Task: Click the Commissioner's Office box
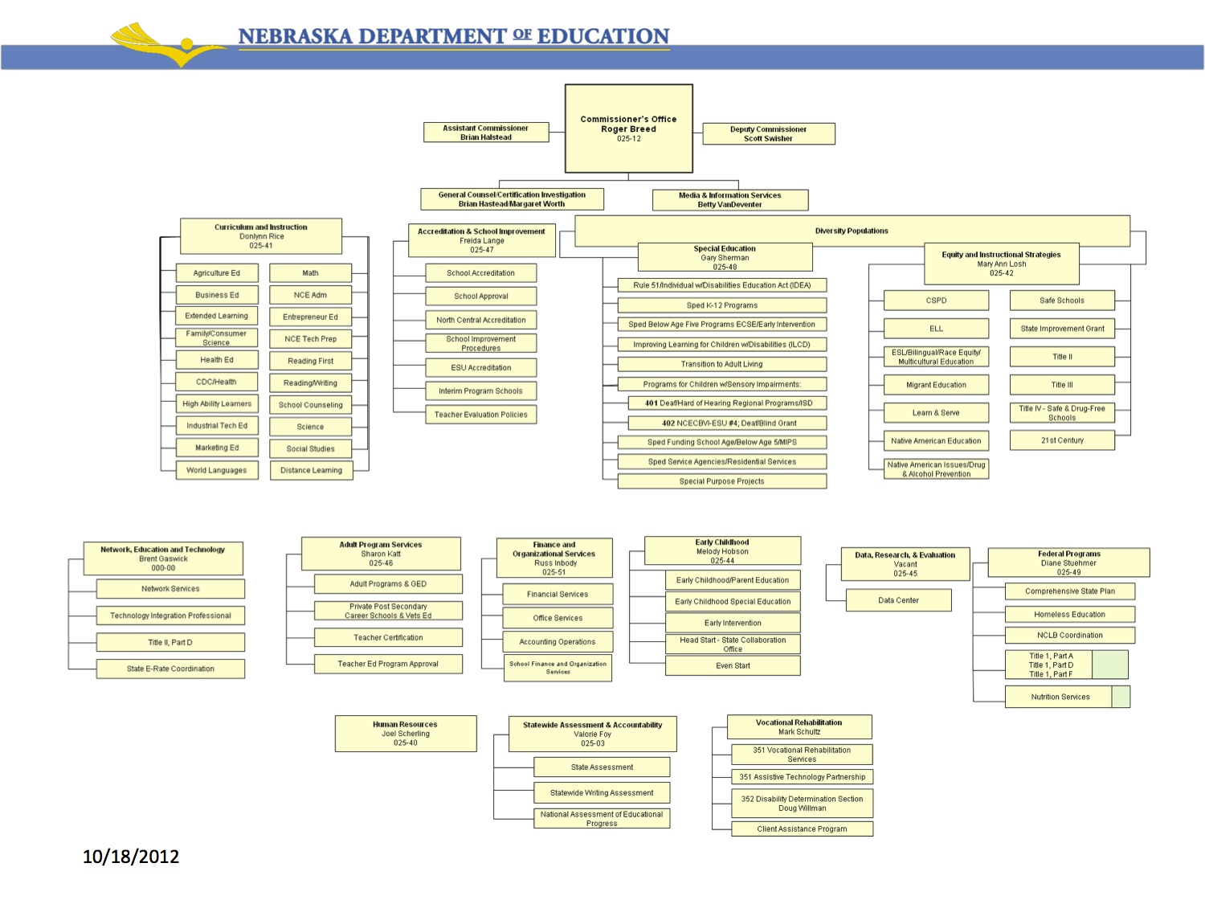[628, 129]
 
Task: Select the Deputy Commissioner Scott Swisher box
[768, 133]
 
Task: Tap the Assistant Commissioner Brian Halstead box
[486, 133]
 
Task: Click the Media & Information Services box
[729, 199]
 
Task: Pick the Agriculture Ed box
[217, 273]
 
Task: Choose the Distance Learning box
[311, 470]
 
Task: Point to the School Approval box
[480, 296]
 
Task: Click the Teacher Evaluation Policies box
[480, 415]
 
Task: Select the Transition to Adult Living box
[721, 364]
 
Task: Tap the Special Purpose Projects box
[721, 481]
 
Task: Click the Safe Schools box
[1061, 301]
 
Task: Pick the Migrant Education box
[936, 385]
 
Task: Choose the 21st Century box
[1061, 440]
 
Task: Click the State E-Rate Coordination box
[170, 669]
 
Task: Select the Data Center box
[898, 600]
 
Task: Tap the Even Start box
[733, 665]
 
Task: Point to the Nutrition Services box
[1060, 697]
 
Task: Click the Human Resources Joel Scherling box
[405, 734]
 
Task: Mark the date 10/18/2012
[131, 857]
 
